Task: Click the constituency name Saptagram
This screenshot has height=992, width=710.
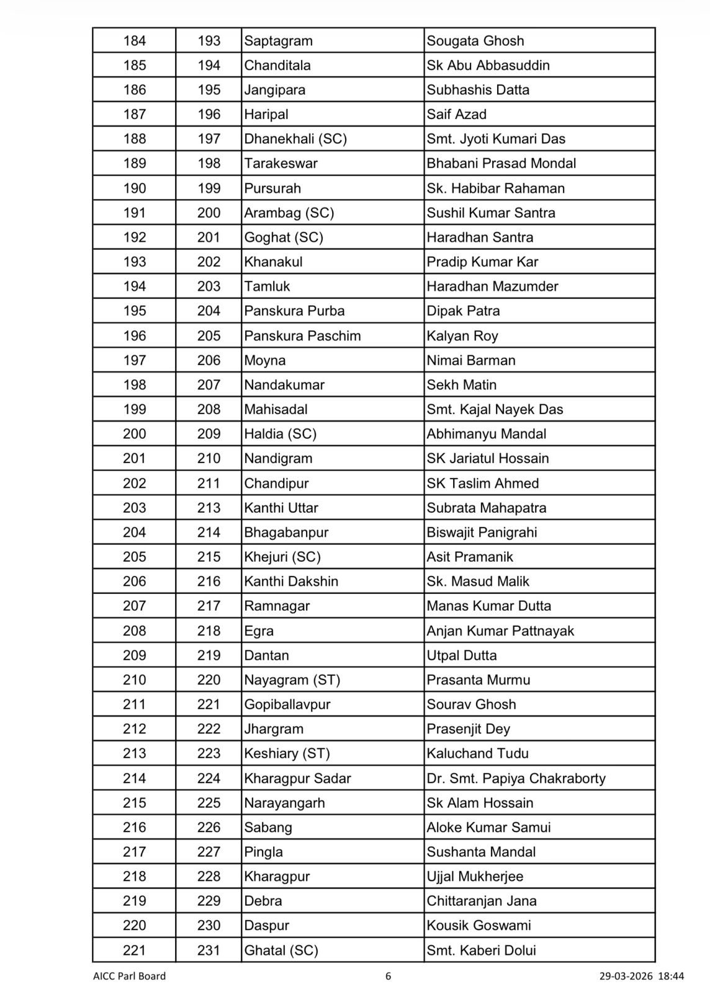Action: coord(278,41)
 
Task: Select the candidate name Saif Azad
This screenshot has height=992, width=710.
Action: coord(456,115)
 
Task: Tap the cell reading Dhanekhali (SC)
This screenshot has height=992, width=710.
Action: coord(295,139)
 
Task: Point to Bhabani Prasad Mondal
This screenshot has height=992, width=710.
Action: coord(501,164)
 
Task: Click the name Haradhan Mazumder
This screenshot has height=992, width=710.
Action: coord(492,286)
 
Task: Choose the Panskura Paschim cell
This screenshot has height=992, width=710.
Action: coord(302,336)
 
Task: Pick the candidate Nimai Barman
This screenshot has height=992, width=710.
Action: coord(470,360)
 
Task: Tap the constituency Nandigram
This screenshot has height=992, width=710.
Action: coord(278,459)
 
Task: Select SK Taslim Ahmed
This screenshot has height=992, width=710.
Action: coord(482,484)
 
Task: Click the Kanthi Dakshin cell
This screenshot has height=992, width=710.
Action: coord(291,582)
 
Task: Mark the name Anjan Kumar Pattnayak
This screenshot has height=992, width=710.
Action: coord(500,631)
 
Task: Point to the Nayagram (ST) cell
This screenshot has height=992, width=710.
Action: coord(292,680)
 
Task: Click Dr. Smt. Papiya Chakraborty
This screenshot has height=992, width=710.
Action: coord(516,779)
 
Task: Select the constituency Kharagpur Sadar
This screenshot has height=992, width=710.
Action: coord(297,779)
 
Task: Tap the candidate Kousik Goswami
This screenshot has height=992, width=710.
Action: coord(479,926)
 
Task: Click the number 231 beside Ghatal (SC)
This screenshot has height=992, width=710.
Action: coord(209,950)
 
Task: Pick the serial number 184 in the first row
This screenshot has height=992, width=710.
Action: coord(134,41)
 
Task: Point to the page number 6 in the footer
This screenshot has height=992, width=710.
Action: coord(389,976)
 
